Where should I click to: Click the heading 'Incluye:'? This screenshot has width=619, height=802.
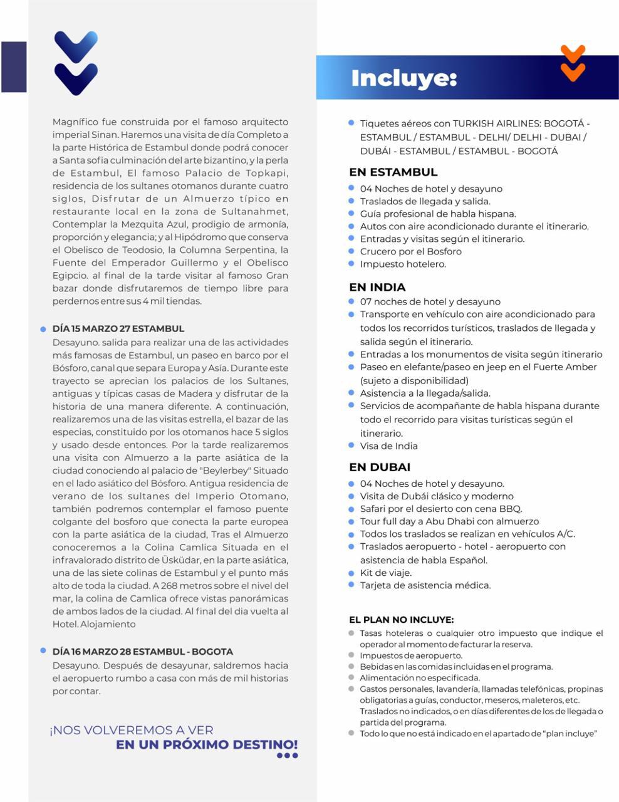click(403, 78)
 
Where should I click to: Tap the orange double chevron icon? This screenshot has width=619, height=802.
click(573, 63)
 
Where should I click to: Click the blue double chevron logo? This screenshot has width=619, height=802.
click(76, 63)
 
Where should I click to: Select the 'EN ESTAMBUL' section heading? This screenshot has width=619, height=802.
click(393, 172)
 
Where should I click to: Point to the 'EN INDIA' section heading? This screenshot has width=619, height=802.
click(377, 288)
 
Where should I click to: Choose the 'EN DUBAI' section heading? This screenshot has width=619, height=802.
click(380, 467)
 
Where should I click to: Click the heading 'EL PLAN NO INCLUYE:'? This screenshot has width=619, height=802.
click(401, 620)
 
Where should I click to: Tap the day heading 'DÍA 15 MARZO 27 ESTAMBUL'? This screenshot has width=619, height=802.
click(118, 328)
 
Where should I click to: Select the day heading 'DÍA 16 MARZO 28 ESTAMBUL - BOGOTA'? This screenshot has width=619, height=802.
click(143, 652)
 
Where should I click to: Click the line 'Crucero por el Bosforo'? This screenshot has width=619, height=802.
click(410, 251)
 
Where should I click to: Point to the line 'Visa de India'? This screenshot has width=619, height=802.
click(388, 446)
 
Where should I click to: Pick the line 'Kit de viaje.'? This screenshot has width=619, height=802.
click(385, 573)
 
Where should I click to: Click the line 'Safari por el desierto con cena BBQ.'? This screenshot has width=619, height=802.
click(440, 509)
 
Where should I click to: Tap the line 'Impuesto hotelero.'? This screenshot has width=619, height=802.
click(403, 264)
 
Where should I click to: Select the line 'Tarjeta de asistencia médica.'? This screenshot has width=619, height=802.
click(425, 585)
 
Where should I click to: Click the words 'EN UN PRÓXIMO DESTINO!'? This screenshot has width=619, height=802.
click(207, 744)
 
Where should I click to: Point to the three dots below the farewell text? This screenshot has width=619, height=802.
click(287, 756)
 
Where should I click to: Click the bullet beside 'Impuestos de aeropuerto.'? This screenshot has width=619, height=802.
click(351, 655)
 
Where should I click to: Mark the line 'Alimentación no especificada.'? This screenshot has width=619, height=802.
click(420, 678)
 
